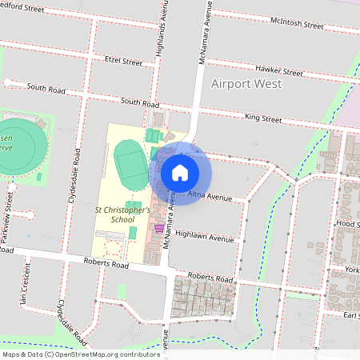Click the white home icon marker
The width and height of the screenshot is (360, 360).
click(180, 173)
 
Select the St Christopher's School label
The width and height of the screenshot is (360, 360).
click(122, 214)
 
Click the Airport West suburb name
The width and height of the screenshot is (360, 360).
click(243, 84)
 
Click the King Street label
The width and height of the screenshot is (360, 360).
click(263, 118)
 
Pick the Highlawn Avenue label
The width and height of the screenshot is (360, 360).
click(204, 238)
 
